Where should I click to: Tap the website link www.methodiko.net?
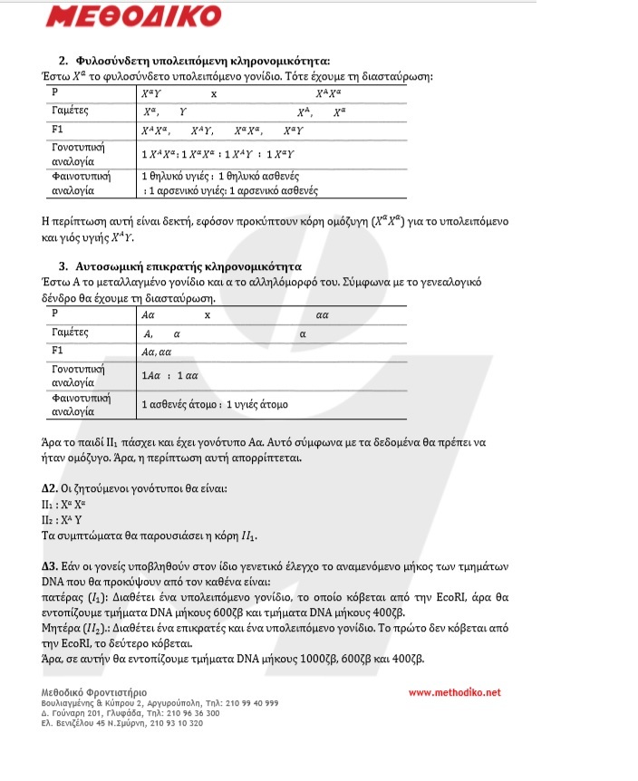click(454, 692)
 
